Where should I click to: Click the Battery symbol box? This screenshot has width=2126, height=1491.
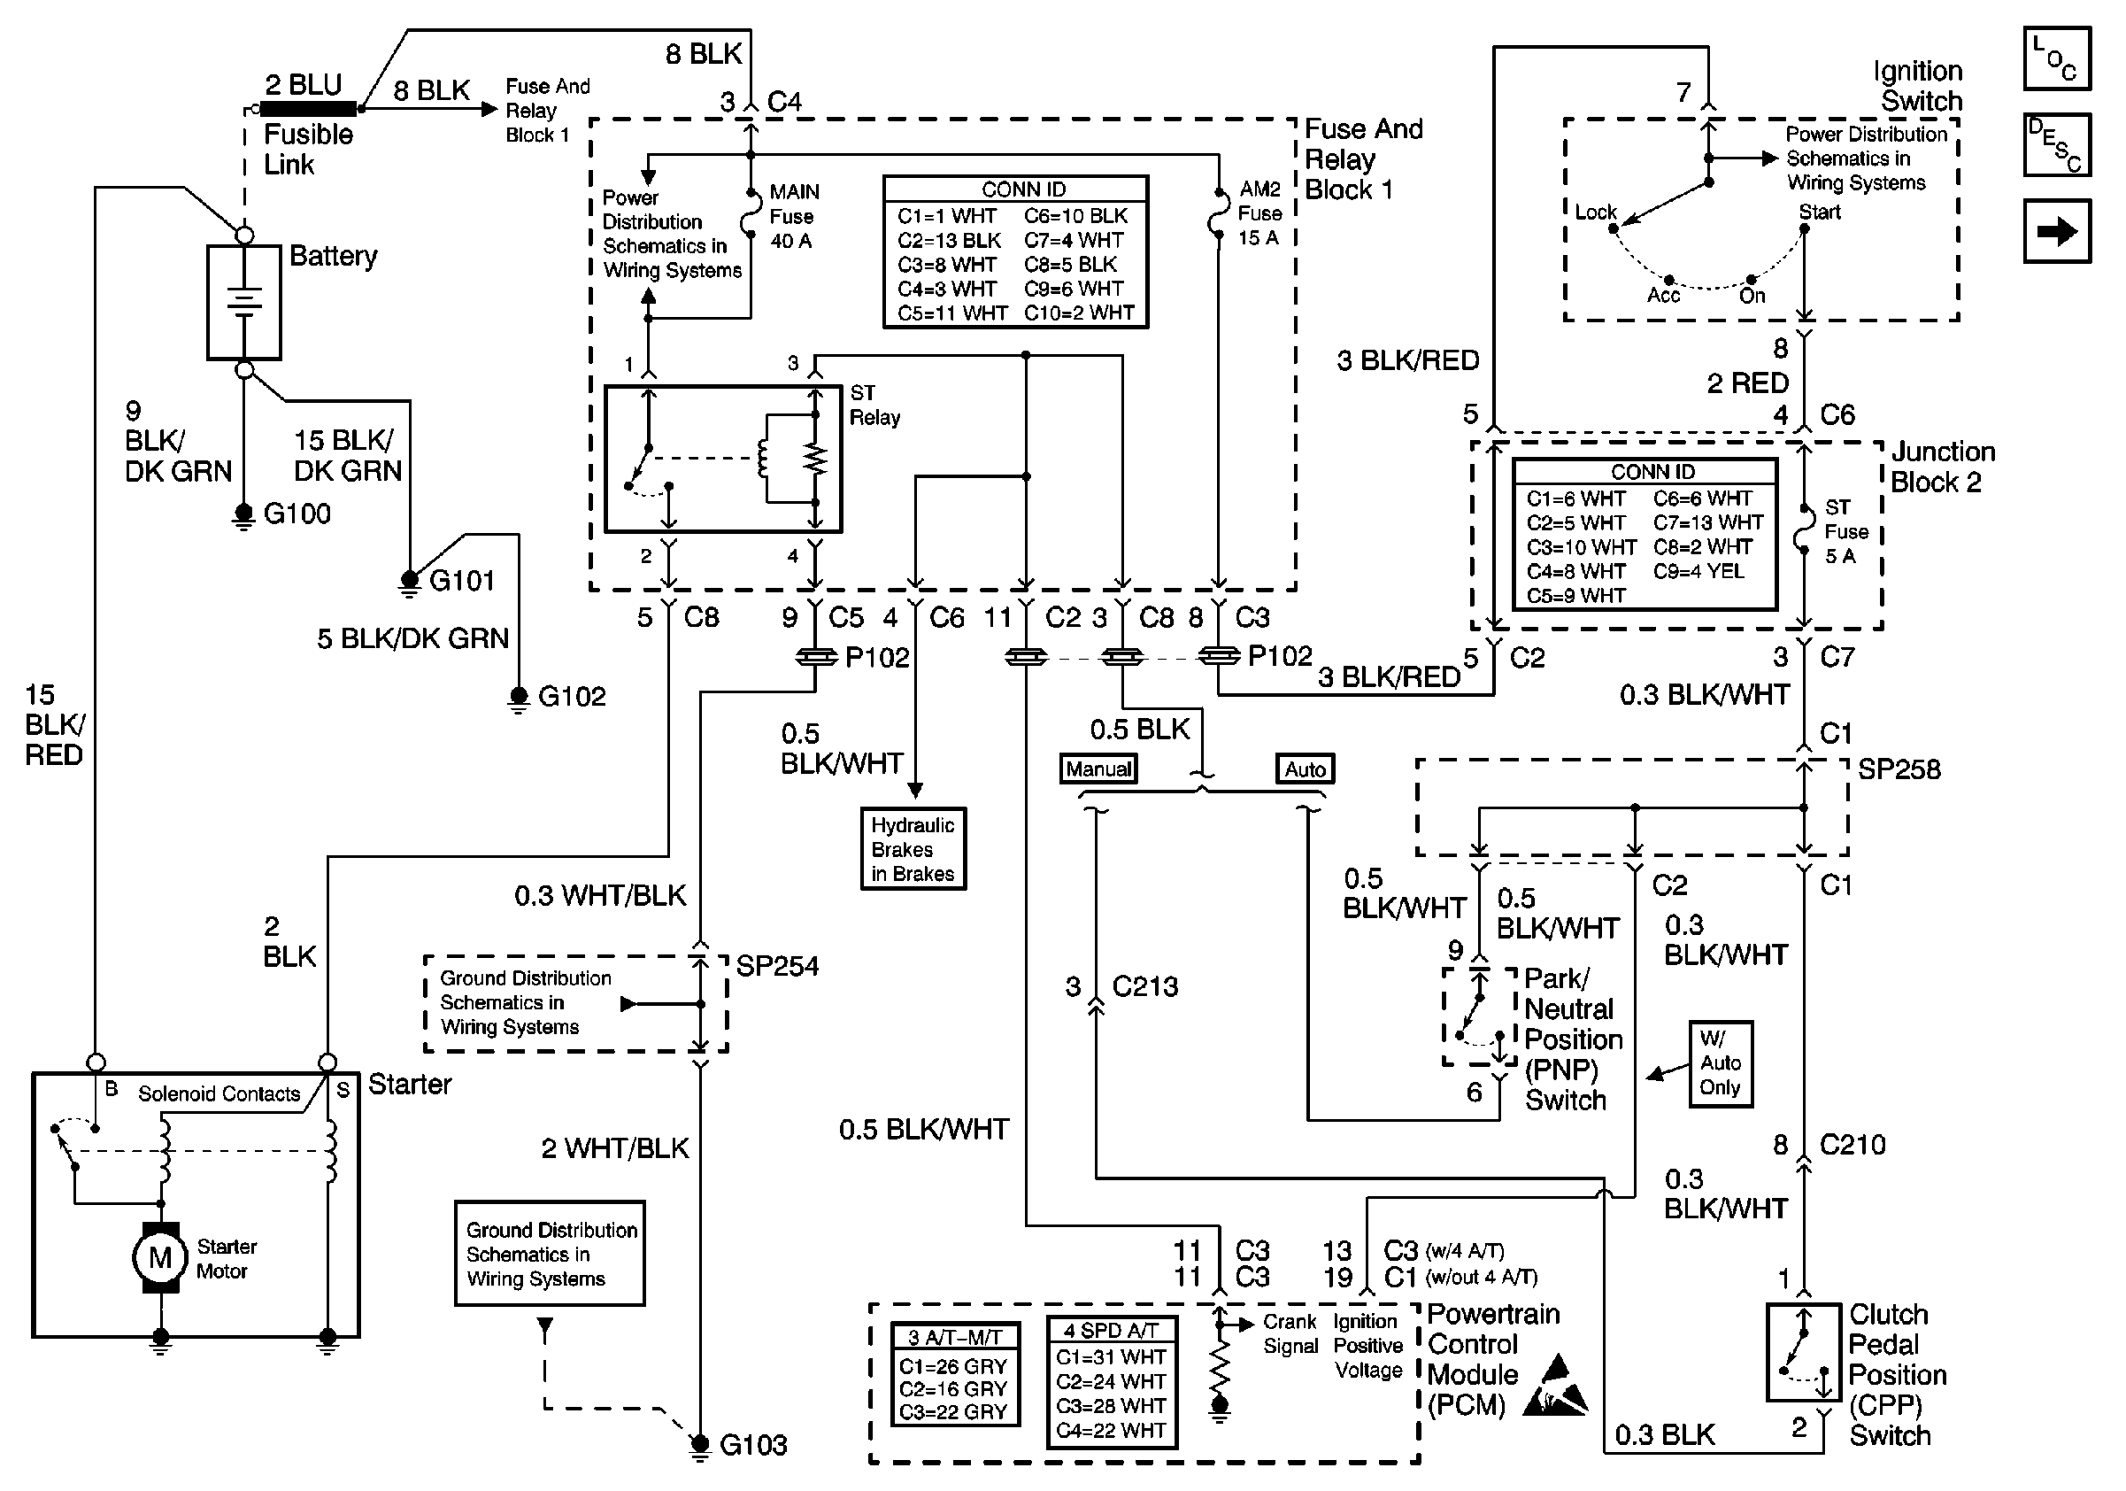click(x=243, y=302)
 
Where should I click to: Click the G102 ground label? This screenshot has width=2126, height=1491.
click(x=571, y=696)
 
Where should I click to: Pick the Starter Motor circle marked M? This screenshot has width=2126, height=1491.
click(x=160, y=1256)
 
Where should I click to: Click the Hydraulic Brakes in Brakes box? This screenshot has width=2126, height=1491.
click(x=913, y=849)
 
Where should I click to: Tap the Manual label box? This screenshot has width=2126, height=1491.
click(x=1098, y=769)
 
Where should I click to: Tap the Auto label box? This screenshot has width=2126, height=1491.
click(x=1305, y=769)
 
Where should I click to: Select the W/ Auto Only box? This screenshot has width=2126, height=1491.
click(x=1721, y=1063)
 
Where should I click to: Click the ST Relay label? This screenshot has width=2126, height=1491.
click(x=874, y=405)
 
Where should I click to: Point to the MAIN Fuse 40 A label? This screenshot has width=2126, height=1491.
click(x=793, y=217)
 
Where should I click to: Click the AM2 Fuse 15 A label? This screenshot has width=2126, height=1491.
click(x=1259, y=214)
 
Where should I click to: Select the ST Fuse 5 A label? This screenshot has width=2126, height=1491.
click(x=1845, y=531)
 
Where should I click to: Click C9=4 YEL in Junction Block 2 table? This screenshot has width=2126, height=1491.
click(x=1698, y=571)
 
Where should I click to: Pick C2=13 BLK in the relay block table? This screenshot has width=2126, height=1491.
click(x=949, y=241)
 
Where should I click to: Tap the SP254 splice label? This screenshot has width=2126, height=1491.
click(x=777, y=966)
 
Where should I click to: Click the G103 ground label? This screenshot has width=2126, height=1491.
click(x=753, y=1445)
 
